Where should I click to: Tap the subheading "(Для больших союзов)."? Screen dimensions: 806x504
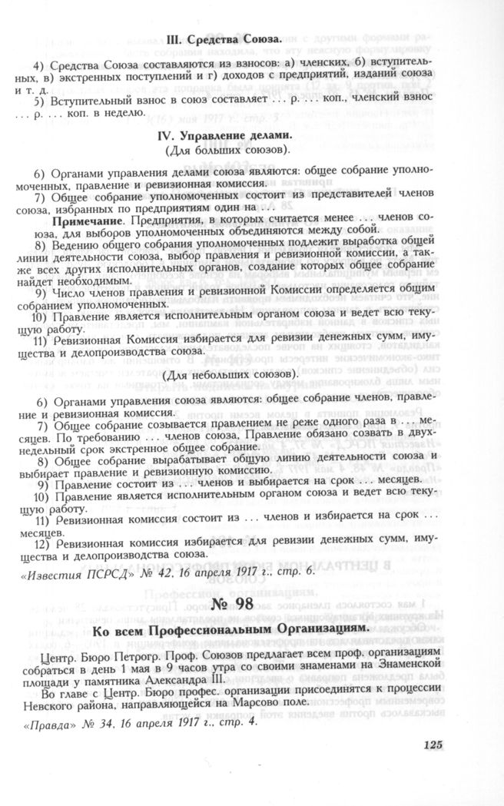coord(221,148)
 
